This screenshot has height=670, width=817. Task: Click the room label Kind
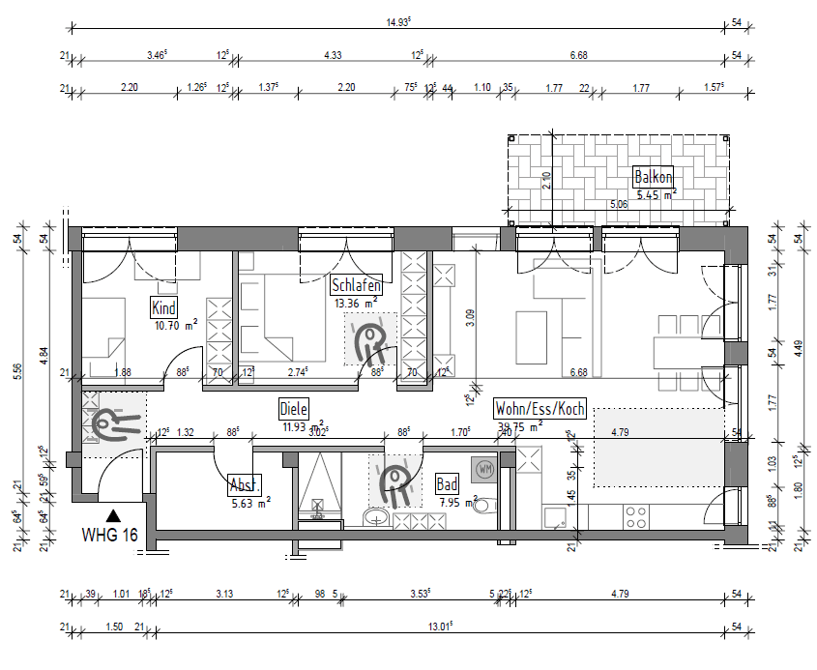coord(164,308)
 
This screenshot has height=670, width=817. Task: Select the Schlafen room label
coord(356,285)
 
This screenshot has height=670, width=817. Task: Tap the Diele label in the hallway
coord(293,408)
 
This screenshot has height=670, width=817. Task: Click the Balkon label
coord(653,177)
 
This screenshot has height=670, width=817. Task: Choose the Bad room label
coord(447,483)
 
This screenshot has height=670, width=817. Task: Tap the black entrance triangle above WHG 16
coord(114,516)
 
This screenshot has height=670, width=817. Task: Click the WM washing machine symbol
coord(483,469)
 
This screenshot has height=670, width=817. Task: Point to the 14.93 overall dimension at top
coord(397,20)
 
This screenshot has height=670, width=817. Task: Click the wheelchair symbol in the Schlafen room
coord(368,339)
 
